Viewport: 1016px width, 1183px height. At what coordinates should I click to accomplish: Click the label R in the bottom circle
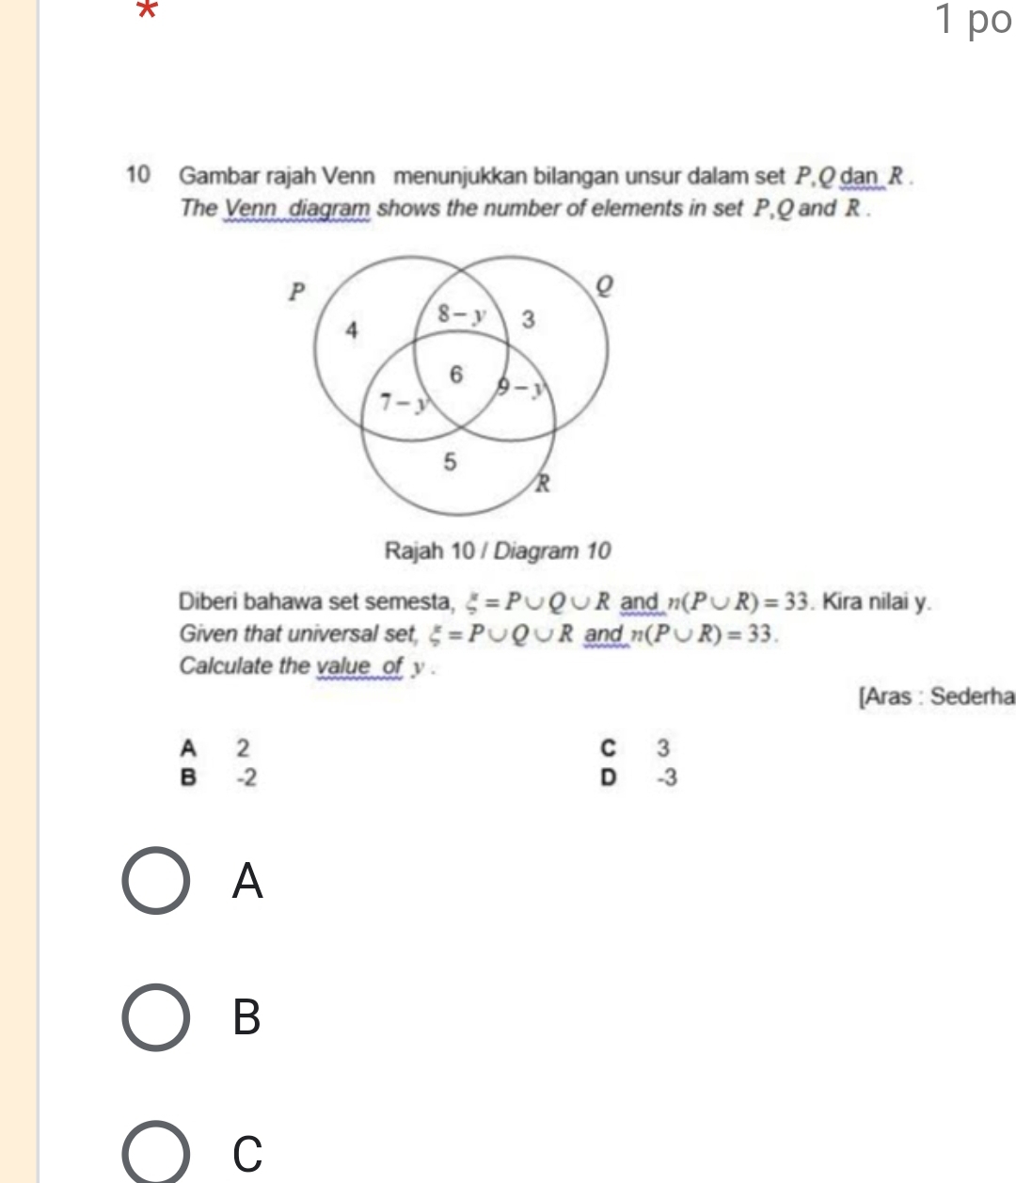point(542,485)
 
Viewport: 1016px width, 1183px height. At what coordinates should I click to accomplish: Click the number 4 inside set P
point(352,329)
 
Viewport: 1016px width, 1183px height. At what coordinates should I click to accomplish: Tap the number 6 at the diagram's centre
point(456,374)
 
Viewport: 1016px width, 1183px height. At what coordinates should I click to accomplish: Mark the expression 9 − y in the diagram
point(521,386)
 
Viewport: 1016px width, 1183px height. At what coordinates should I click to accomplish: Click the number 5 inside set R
point(450,462)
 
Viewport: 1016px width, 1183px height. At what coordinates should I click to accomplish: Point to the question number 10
point(138,175)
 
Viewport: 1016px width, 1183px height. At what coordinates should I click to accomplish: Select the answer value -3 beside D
point(665,778)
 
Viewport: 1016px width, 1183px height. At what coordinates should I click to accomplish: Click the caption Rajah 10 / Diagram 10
point(498,551)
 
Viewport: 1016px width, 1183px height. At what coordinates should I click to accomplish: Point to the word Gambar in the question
point(215,175)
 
